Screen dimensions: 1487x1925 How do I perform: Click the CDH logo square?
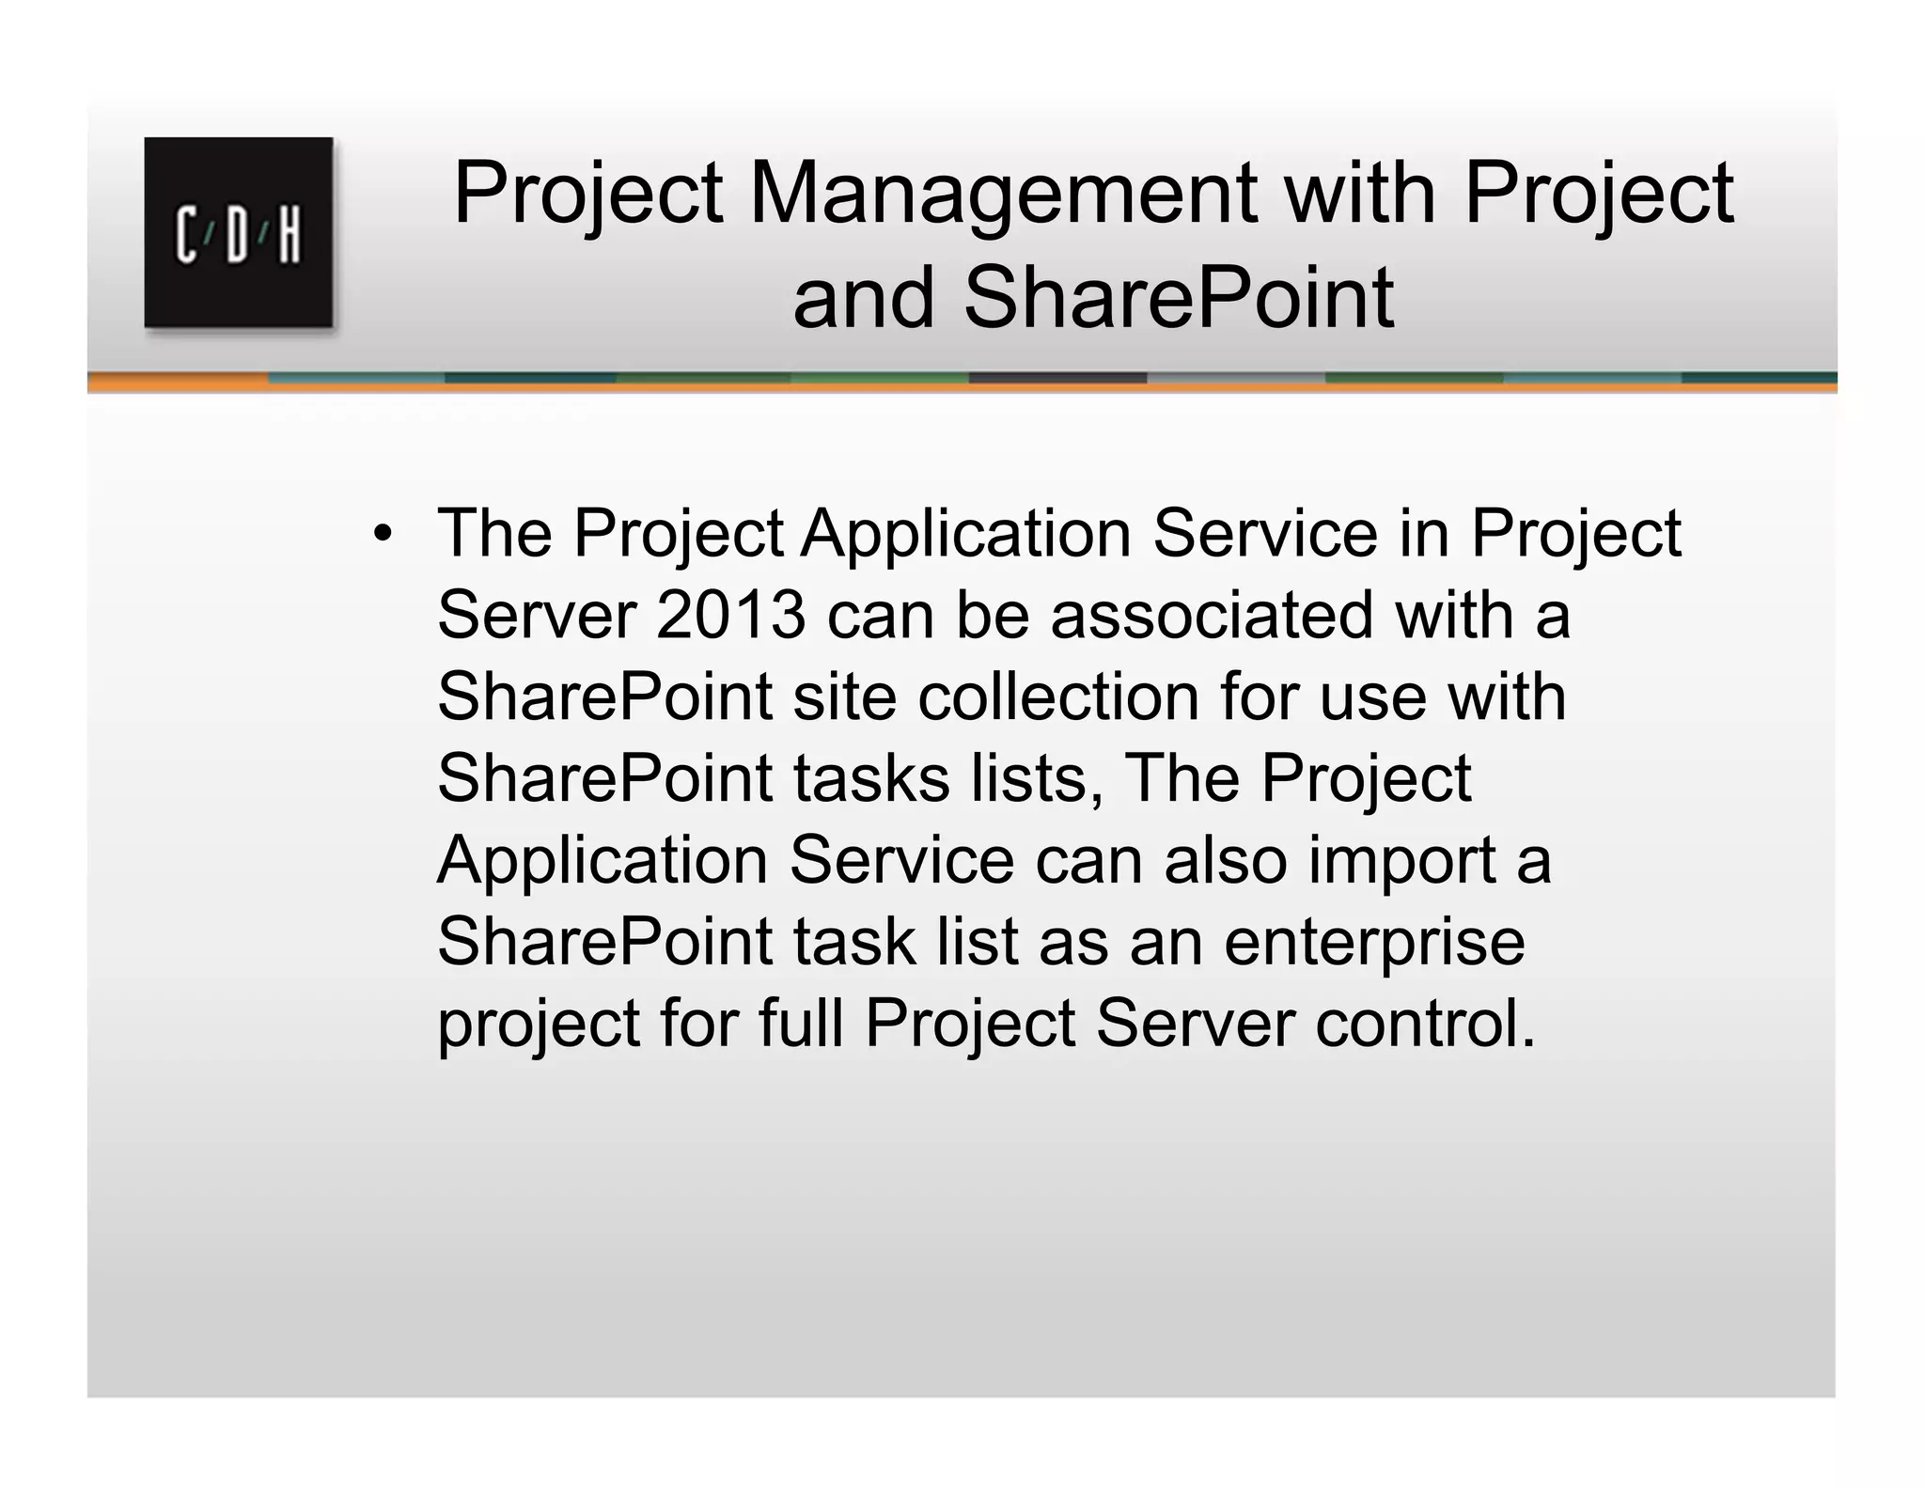239,232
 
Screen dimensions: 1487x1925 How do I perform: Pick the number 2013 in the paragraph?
730,616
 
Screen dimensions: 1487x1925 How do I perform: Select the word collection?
1058,697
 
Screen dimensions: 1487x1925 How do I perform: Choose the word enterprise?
1374,943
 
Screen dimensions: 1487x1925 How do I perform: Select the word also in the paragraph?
1226,861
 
